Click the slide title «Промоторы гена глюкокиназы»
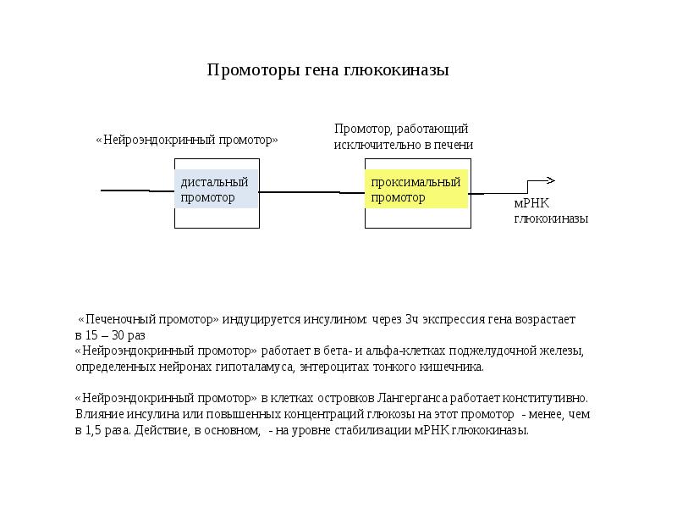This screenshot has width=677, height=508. pos(327,70)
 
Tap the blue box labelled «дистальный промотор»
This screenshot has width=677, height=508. pos(217,190)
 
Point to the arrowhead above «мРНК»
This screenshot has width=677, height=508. pos(550,180)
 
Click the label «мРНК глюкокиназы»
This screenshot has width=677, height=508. pos(551,211)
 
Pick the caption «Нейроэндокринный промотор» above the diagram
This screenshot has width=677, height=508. pos(186,140)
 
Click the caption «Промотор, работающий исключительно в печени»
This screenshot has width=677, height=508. pos(403,136)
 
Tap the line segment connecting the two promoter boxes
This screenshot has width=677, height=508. pos(311,192)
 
